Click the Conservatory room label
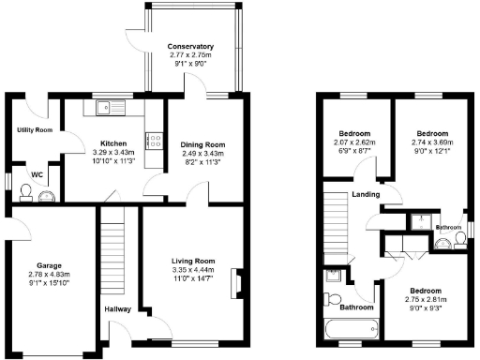pyautogui.click(x=190, y=46)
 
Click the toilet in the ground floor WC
pyautogui.click(x=27, y=194)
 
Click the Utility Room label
pyautogui.click(x=35, y=129)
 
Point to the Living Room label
pyautogui.click(x=193, y=261)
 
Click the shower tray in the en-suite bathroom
pyautogui.click(x=415, y=221)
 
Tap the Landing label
pyautogui.click(x=365, y=194)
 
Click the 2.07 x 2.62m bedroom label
pyautogui.click(x=355, y=142)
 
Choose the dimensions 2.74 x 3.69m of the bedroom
pyautogui.click(x=434, y=142)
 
